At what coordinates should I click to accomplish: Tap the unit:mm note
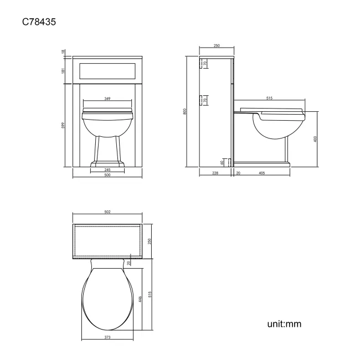[284, 324]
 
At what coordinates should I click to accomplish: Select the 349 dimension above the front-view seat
[107, 99]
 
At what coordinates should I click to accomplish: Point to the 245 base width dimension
[107, 169]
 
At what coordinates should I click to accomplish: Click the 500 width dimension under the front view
[107, 175]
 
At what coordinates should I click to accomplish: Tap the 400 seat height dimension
[315, 139]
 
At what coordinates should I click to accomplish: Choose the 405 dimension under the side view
[262, 173]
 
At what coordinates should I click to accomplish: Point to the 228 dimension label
[214, 173]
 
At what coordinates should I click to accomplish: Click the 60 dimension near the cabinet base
[222, 162]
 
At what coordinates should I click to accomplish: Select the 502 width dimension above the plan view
[107, 212]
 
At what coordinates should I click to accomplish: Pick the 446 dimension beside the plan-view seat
[141, 299]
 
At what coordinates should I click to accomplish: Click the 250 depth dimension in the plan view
[150, 241]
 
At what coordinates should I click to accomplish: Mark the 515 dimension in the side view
[269, 98]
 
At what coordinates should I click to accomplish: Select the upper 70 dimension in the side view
[205, 64]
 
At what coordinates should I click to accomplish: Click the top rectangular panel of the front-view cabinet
[107, 70]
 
